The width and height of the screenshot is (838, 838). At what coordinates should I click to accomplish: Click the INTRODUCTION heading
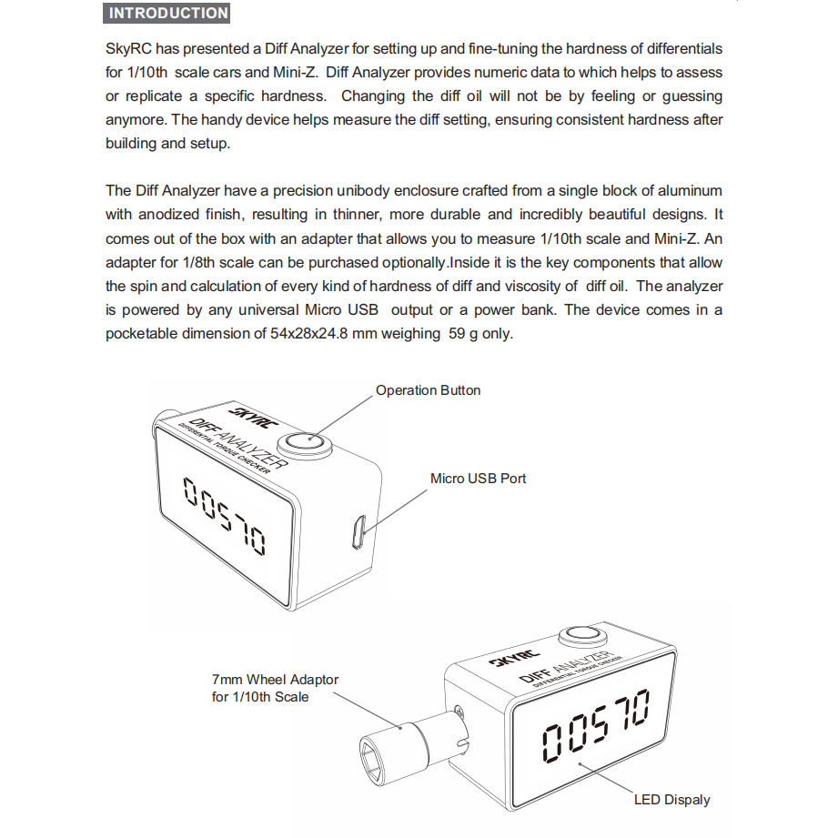pos(168,14)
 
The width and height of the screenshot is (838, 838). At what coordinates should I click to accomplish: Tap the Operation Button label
pos(428,390)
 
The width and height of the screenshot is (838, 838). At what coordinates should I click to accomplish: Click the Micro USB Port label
pos(478,478)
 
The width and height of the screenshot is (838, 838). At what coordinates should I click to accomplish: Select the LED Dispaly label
pos(671,800)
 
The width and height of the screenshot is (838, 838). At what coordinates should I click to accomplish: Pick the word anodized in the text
pos(172,215)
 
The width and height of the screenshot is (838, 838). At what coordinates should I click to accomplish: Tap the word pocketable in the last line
pos(145,333)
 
